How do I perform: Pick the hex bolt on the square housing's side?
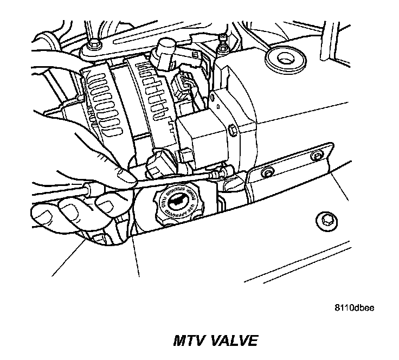point(231,130)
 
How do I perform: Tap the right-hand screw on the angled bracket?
point(316,157)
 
